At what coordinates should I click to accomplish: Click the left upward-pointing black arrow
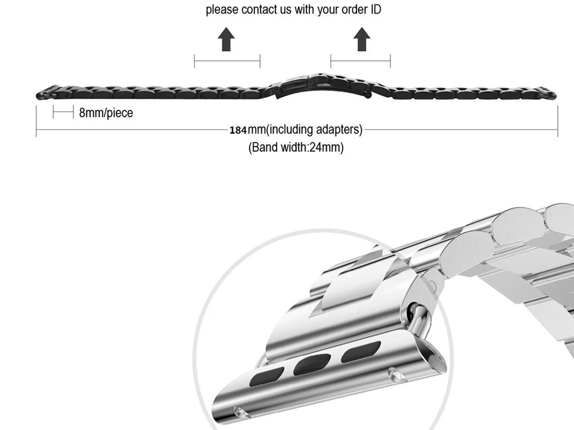tap(226, 39)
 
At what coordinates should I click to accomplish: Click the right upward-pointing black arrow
tap(362, 39)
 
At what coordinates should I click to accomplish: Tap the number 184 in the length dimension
tap(238, 130)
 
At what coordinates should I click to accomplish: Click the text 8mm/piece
tap(106, 113)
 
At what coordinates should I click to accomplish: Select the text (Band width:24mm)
tap(296, 147)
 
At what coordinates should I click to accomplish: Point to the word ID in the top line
tap(376, 9)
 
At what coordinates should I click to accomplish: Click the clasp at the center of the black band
tap(322, 86)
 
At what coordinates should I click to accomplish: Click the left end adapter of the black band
tap(48, 92)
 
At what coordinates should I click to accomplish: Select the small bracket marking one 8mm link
tap(63, 112)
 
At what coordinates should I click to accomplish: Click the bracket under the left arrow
tap(227, 61)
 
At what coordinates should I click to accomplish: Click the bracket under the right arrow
tap(361, 61)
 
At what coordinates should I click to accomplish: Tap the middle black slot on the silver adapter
tap(312, 364)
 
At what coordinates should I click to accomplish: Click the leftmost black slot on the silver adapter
tap(266, 377)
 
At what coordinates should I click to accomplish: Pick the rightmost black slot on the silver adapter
tap(361, 351)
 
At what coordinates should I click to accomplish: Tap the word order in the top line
tap(354, 9)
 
